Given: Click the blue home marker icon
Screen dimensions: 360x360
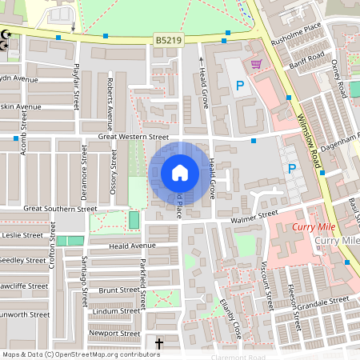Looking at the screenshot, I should click(x=180, y=172).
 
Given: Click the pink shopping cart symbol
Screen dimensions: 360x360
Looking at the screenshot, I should click(x=256, y=65).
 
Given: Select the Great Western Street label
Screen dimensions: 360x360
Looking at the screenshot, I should click(x=134, y=138).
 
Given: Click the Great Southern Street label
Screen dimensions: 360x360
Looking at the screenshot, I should click(x=60, y=208).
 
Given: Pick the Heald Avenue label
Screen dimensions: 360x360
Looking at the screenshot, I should click(x=133, y=246).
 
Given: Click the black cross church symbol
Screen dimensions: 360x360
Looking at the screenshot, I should click(x=158, y=344).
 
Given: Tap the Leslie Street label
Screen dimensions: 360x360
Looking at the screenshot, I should click(x=22, y=235).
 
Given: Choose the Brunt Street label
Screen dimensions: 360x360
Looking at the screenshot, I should click(x=118, y=290).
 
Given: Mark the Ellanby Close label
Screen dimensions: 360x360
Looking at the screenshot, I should click(x=230, y=316).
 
